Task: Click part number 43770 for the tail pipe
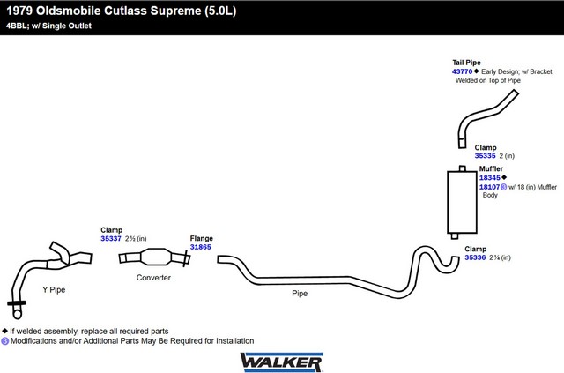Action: point(462,71)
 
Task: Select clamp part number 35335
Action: point(485,155)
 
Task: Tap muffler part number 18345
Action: point(490,177)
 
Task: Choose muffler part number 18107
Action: point(490,187)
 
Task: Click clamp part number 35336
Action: point(475,257)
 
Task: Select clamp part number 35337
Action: point(111,238)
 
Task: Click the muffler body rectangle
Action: point(462,202)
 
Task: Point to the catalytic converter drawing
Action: point(155,257)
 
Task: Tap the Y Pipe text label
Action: point(54,289)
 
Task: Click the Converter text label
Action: point(153,278)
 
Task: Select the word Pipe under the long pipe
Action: point(300,294)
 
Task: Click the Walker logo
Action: point(282,362)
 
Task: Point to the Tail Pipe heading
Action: point(466,63)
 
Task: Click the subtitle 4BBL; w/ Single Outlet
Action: point(49,26)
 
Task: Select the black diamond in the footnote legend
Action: point(4,331)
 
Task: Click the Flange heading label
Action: point(202,238)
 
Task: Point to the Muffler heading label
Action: point(491,168)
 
